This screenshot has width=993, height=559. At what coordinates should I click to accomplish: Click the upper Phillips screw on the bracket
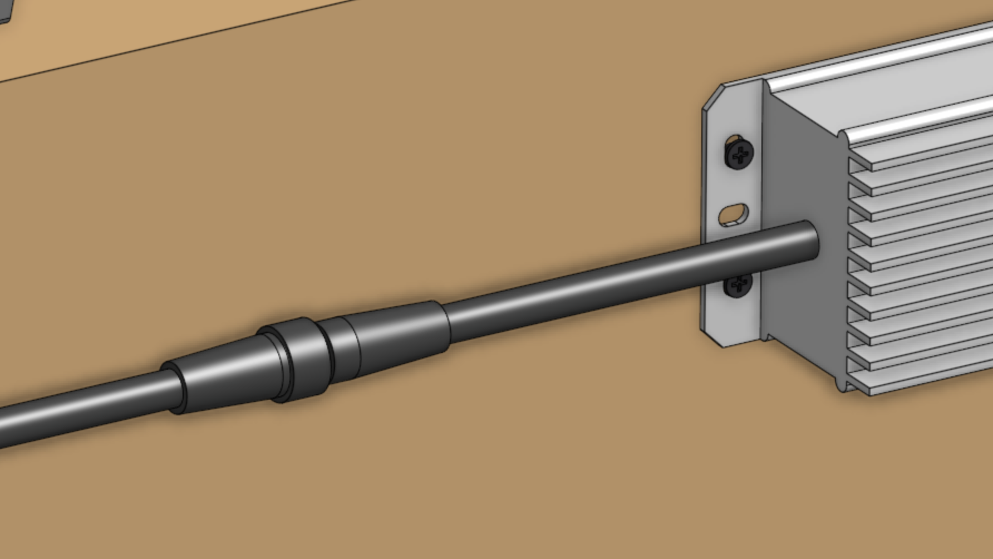[739, 153]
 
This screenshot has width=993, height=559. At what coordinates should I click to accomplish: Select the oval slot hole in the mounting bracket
[734, 214]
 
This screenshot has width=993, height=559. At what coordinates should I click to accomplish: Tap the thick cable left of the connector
[83, 409]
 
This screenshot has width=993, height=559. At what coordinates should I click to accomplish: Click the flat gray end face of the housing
[802, 167]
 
